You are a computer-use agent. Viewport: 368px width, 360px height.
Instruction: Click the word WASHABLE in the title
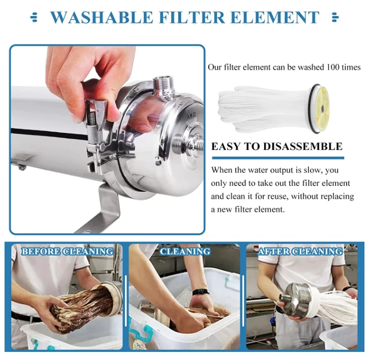click(x=102, y=18)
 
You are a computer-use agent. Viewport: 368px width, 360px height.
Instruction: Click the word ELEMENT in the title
click(x=275, y=18)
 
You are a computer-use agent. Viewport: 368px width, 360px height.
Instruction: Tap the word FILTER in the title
click(x=193, y=18)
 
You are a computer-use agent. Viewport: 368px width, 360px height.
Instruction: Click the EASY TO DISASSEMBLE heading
click(x=277, y=147)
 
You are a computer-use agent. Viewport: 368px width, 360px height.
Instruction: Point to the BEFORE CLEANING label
click(x=67, y=252)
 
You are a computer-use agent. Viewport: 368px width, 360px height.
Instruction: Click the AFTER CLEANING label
click(x=300, y=252)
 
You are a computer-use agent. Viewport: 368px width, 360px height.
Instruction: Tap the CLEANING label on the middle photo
click(x=185, y=252)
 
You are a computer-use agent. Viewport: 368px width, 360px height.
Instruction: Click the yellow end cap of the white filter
click(x=322, y=108)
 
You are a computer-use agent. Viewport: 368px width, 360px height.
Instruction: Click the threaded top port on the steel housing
click(x=164, y=84)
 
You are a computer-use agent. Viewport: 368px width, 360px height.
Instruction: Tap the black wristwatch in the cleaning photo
click(x=200, y=292)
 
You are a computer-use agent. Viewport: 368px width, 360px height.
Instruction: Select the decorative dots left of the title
click(x=34, y=18)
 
